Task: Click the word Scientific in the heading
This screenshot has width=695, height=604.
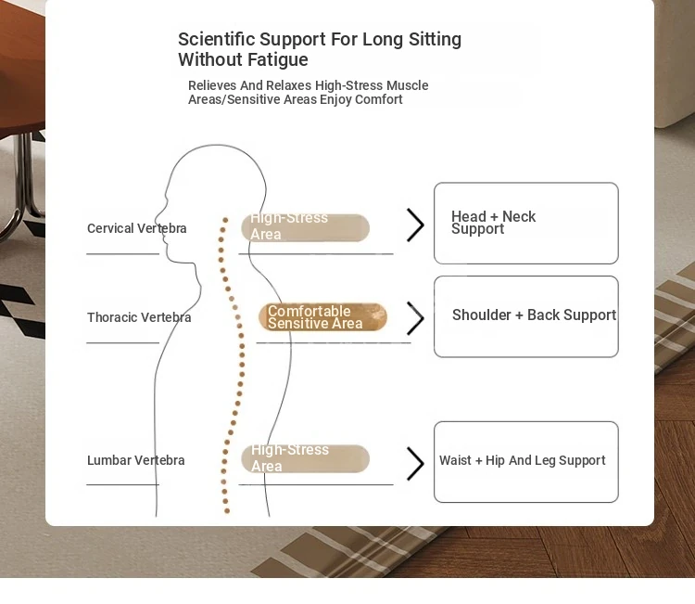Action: pyautogui.click(x=216, y=39)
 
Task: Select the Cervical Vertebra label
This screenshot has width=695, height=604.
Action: pyautogui.click(x=136, y=228)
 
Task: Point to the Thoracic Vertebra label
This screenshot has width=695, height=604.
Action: pyautogui.click(x=139, y=317)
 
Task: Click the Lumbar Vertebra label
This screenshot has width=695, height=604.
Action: pyautogui.click(x=135, y=460)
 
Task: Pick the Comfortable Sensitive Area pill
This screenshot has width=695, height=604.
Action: pyautogui.click(x=322, y=317)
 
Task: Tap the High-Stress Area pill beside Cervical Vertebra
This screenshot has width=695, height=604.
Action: pyautogui.click(x=306, y=227)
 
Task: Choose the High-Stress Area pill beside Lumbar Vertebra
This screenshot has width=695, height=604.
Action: pyautogui.click(x=306, y=459)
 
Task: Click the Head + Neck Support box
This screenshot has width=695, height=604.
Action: pyautogui.click(x=526, y=224)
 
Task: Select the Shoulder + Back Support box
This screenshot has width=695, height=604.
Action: pyautogui.click(x=526, y=316)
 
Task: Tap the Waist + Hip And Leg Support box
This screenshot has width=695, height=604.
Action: pyautogui.click(x=526, y=462)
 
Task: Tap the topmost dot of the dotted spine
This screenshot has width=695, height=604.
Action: pyautogui.click(x=225, y=220)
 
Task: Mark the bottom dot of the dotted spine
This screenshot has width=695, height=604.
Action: pyautogui.click(x=227, y=511)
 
